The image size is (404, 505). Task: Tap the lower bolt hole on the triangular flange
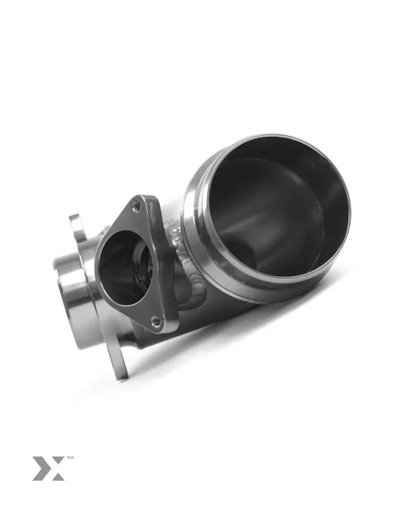coord(156,321)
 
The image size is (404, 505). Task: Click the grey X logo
coord(48,469)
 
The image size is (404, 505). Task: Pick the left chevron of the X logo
coord(40,469)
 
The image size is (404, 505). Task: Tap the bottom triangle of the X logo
coord(56,476)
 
